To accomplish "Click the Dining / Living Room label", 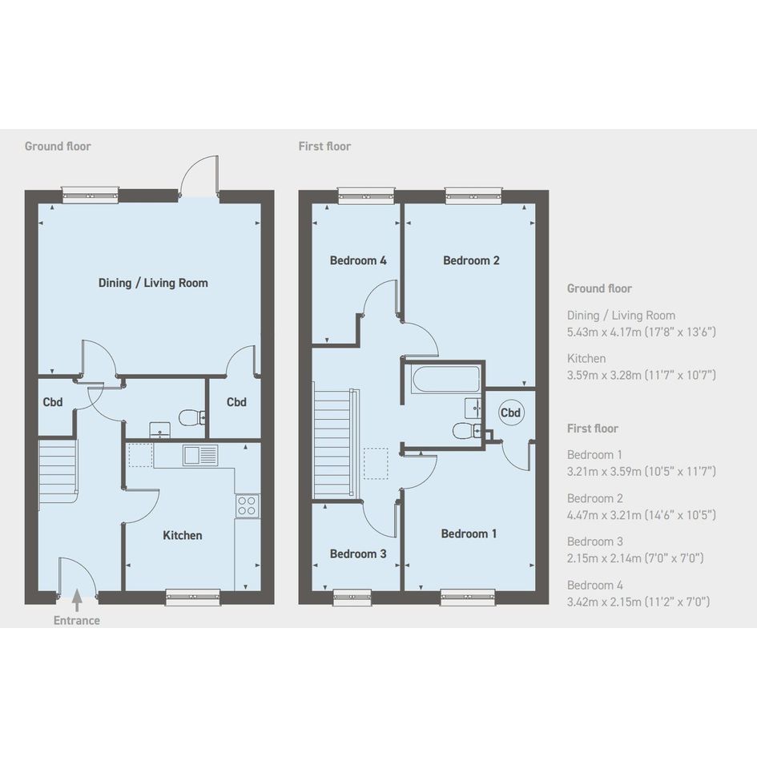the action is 153,283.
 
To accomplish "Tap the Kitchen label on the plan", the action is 183,535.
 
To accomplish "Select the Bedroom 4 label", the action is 358,260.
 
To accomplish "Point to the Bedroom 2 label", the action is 471,260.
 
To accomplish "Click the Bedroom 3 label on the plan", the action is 358,554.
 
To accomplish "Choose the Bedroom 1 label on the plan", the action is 469,534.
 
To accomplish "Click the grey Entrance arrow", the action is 77,601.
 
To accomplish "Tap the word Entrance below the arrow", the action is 77,620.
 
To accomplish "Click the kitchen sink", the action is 200,455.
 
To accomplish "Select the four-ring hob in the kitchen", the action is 248,505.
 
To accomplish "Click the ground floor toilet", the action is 192,417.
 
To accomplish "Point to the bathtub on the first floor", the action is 445,379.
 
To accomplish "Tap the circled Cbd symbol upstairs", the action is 510,413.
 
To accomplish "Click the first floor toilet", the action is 467,430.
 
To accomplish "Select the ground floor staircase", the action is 58,471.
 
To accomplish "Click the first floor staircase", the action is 336,441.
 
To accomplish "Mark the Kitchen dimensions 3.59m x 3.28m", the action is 641,375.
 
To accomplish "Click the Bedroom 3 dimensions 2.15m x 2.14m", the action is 635,558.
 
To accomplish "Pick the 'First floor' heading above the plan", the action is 324,147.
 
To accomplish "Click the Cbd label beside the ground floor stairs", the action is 53,402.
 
